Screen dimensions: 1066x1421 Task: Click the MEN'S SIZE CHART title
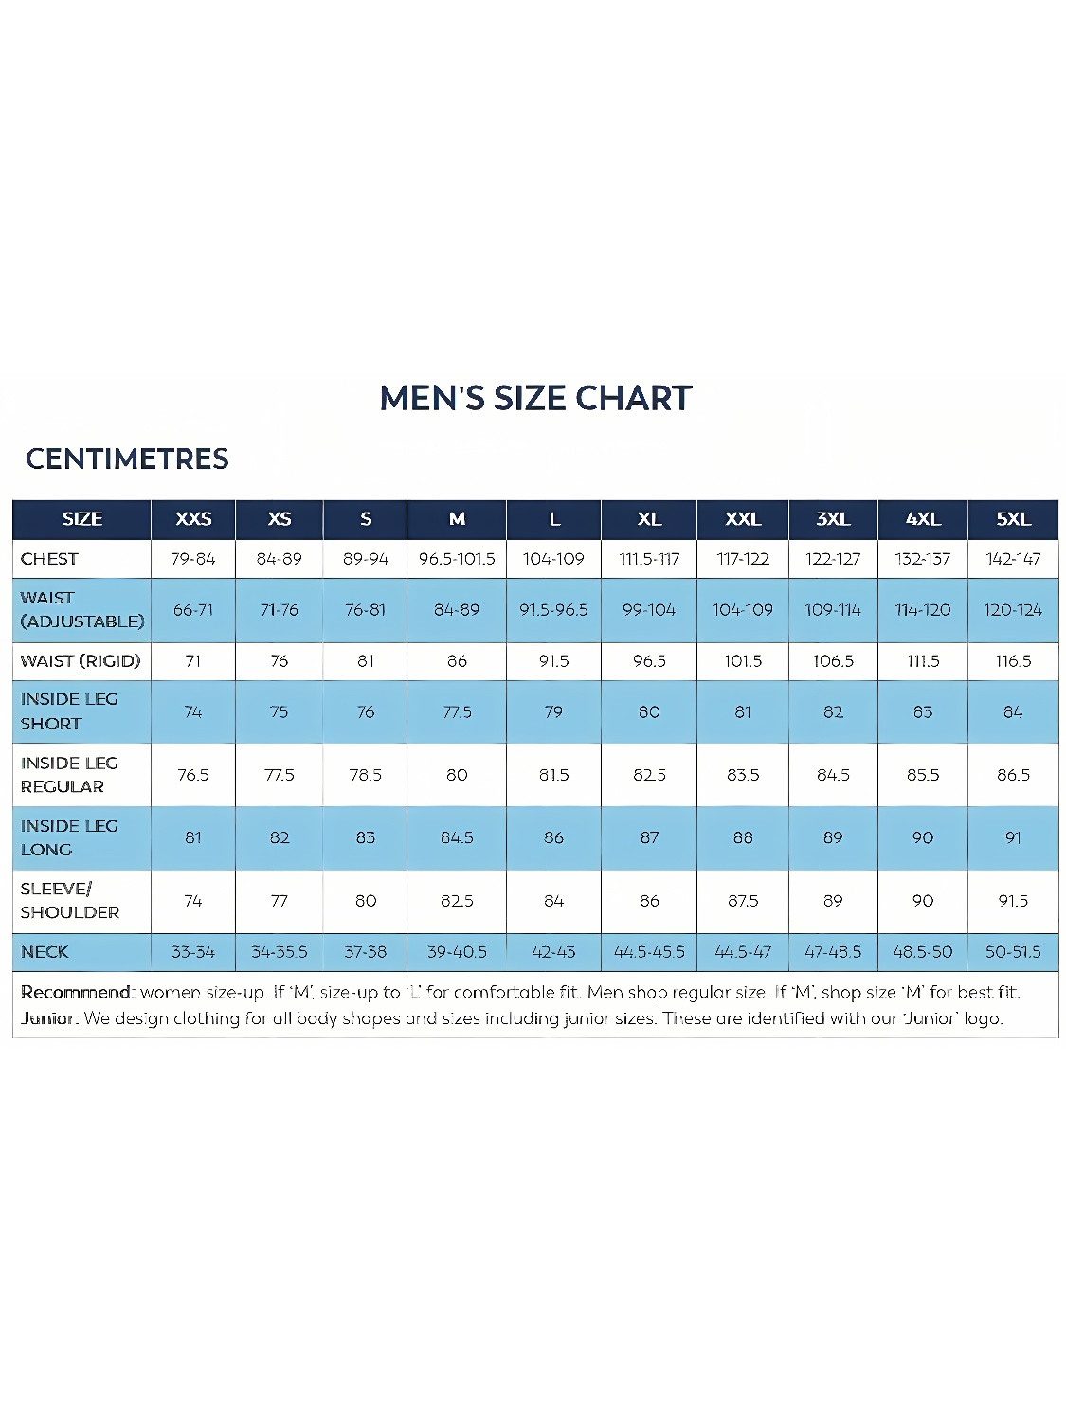point(535,398)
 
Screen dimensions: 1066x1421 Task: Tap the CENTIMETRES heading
point(127,459)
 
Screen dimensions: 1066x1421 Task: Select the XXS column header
point(193,519)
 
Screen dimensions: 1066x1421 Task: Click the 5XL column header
point(1013,519)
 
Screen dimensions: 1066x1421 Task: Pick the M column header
point(457,519)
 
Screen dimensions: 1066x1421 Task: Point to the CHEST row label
point(49,559)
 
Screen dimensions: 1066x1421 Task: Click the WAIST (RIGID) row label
point(81,661)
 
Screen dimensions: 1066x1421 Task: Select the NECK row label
point(45,952)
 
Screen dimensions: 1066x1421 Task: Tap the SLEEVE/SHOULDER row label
point(70,901)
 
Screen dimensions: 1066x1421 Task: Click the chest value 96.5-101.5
point(457,559)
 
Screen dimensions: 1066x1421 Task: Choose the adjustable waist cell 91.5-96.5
point(553,610)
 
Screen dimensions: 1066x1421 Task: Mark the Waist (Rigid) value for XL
point(649,661)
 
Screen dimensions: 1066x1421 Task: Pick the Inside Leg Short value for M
point(457,712)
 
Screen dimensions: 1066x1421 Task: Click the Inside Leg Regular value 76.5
point(193,775)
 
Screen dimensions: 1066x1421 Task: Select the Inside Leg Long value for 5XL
point(1013,837)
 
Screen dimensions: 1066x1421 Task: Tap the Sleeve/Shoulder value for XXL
point(743,901)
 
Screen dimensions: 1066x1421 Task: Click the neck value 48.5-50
point(923,952)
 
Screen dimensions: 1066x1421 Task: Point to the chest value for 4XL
point(923,559)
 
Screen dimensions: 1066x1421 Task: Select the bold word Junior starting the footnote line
point(49,1018)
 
